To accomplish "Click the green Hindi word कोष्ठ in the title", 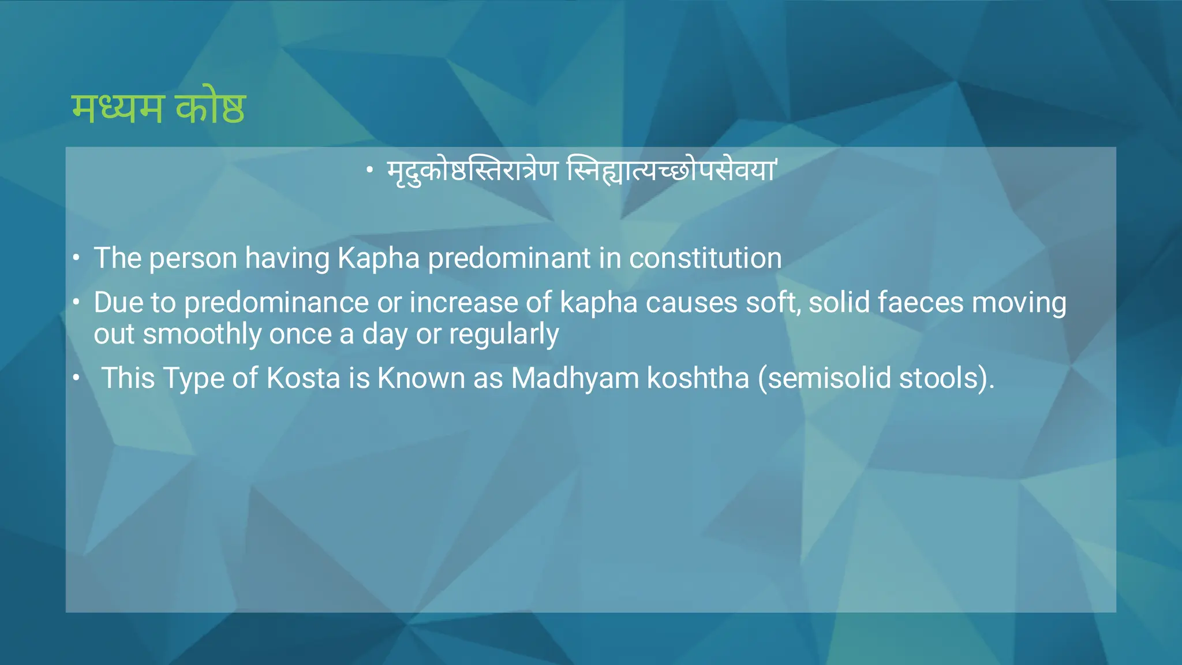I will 211,109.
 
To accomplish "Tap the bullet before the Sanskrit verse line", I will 370,170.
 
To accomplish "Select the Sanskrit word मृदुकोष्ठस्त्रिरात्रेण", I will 472,171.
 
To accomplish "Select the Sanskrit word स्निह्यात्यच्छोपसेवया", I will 671,171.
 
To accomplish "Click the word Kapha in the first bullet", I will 378,258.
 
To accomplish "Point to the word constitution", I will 705,258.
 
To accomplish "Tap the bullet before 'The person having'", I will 76,257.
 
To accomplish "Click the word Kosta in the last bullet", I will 303,379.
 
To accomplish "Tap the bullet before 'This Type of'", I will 76,378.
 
